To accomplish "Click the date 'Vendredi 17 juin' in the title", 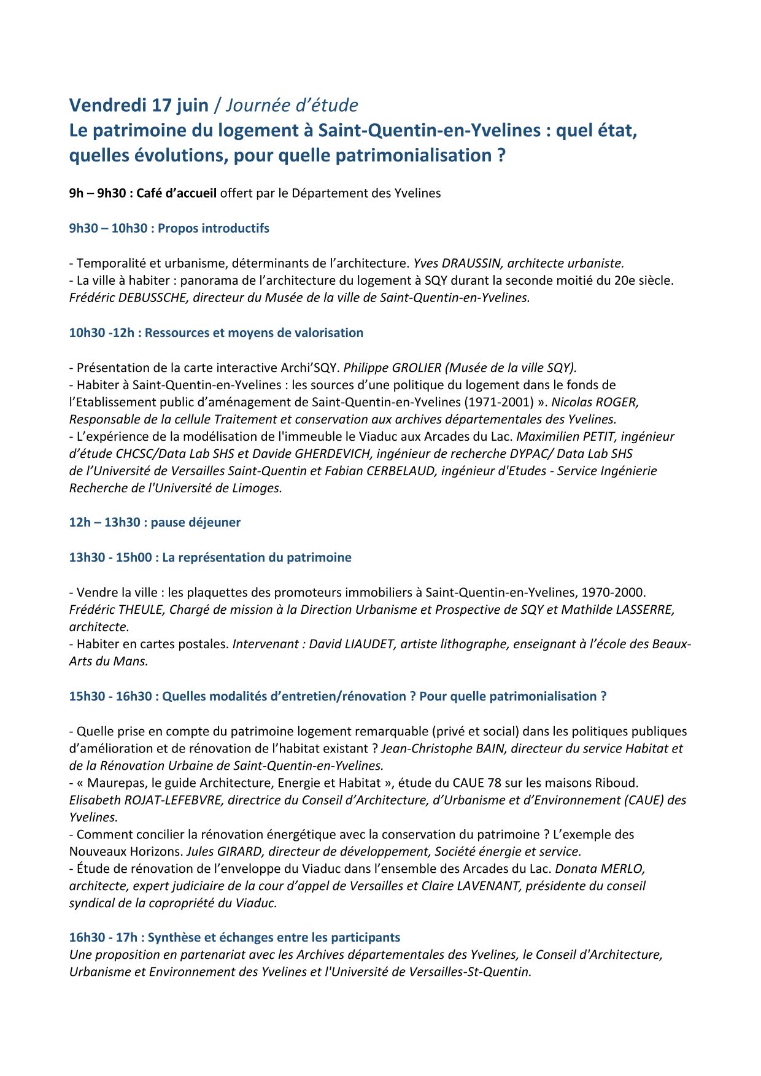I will coord(139,106).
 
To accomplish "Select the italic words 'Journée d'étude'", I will coord(292,106).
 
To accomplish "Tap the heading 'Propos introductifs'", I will coord(214,228).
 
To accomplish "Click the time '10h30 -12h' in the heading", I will coord(101,333).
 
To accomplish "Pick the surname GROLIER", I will coord(417,368).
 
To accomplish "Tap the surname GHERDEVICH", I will coord(330,454).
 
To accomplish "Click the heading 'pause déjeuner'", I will coord(196,522).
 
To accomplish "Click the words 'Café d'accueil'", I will coord(176,193).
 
